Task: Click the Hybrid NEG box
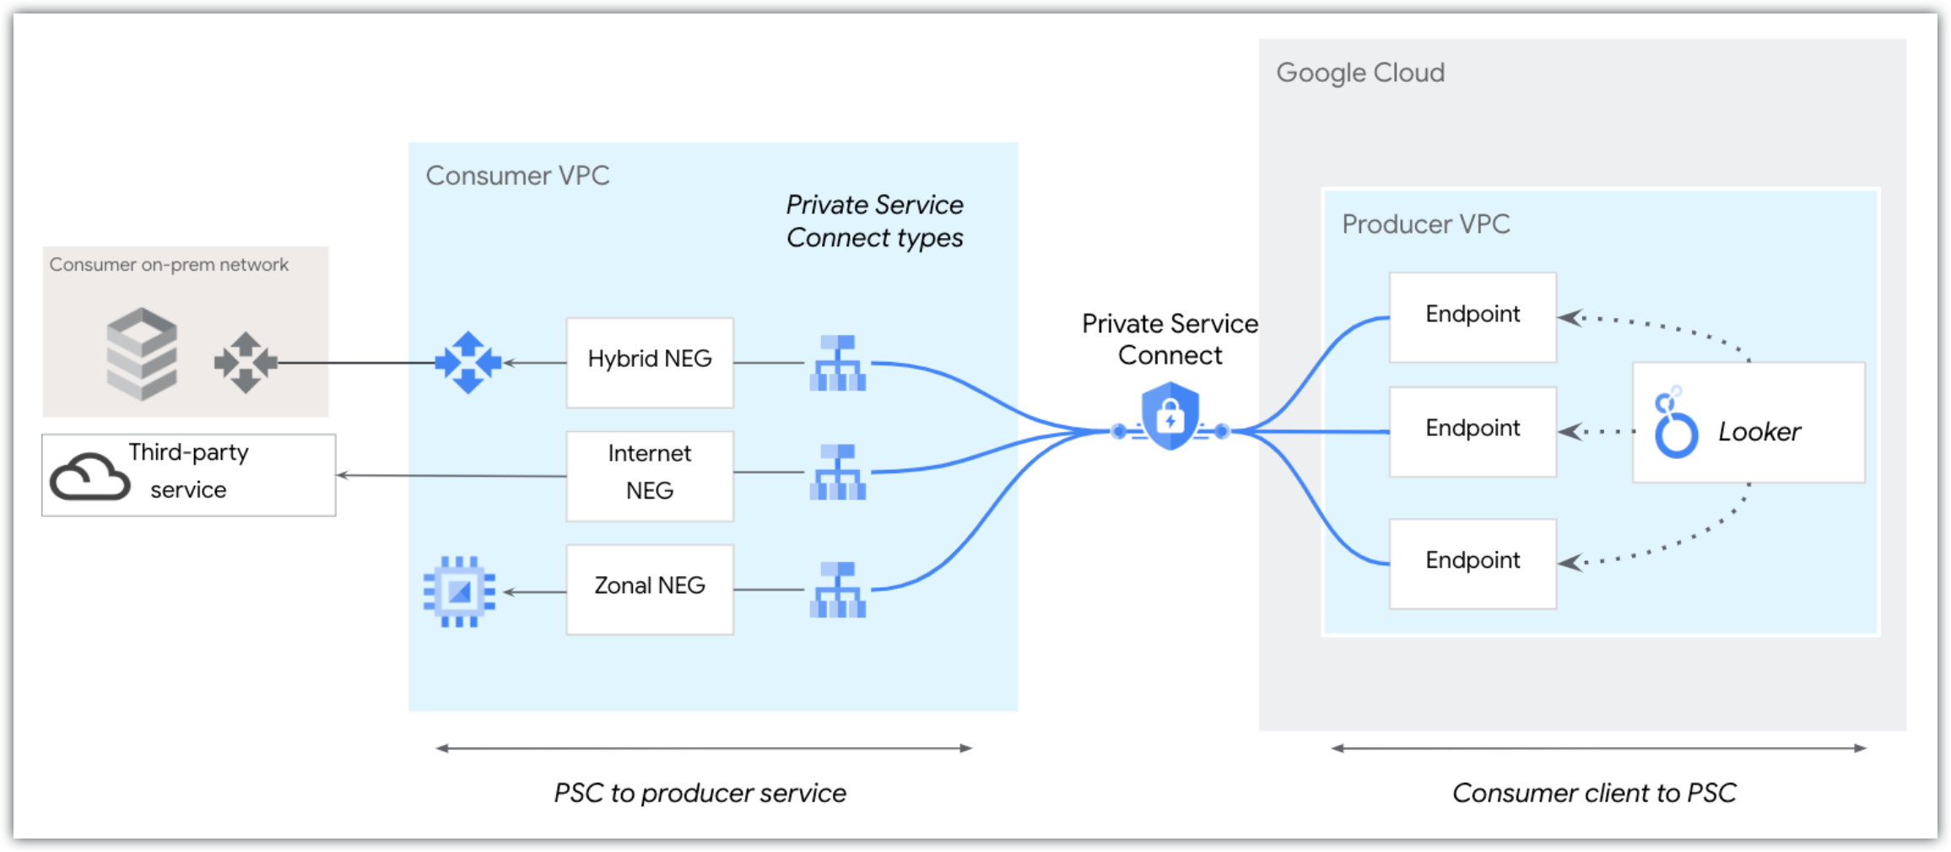(650, 362)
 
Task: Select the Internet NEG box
(650, 476)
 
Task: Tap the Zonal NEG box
(650, 589)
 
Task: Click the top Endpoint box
(1473, 316)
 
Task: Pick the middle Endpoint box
(1473, 430)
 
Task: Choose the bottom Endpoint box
(1473, 563)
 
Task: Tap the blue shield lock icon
(1170, 416)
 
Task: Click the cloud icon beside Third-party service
(89, 477)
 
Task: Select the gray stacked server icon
(142, 353)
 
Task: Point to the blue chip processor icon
(459, 591)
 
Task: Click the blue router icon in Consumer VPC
(468, 363)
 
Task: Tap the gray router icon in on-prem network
(246, 363)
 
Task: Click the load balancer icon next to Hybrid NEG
(837, 364)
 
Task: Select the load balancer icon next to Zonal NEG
(837, 590)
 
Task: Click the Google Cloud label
(1359, 73)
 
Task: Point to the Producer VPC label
(1425, 224)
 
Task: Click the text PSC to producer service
(700, 793)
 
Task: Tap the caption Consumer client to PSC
(1593, 793)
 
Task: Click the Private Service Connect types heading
(874, 221)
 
